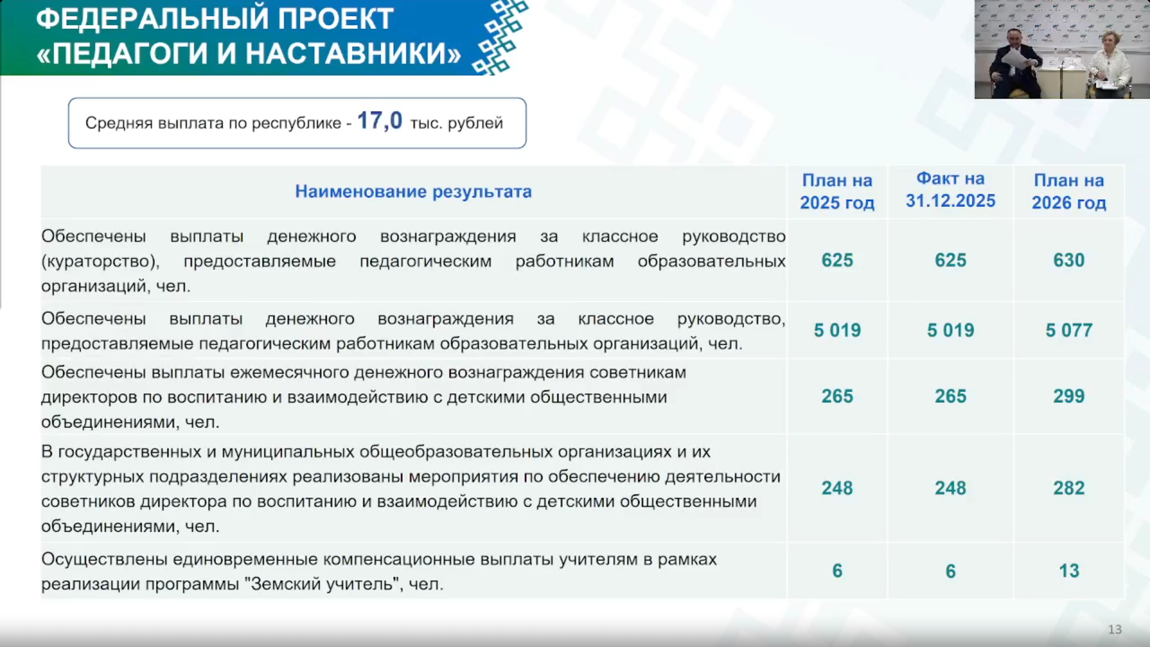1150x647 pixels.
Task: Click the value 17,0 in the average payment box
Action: (379, 121)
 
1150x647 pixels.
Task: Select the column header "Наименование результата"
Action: (413, 192)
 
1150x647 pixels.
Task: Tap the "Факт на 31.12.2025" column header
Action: (951, 189)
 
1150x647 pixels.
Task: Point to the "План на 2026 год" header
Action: (1069, 191)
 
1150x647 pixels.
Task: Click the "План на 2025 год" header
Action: (837, 191)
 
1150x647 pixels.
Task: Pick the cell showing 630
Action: (1069, 260)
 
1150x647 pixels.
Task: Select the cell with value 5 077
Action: (1069, 330)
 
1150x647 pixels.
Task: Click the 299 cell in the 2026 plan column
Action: (1069, 396)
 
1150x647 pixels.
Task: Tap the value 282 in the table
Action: (1069, 488)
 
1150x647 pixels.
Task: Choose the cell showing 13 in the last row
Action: (1069, 570)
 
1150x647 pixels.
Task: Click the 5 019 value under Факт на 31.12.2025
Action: (951, 330)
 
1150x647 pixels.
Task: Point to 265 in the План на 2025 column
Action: (837, 396)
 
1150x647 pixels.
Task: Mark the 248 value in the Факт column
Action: (951, 488)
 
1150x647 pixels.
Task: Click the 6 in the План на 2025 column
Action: (837, 570)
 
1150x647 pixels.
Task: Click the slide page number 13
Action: (1115, 630)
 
